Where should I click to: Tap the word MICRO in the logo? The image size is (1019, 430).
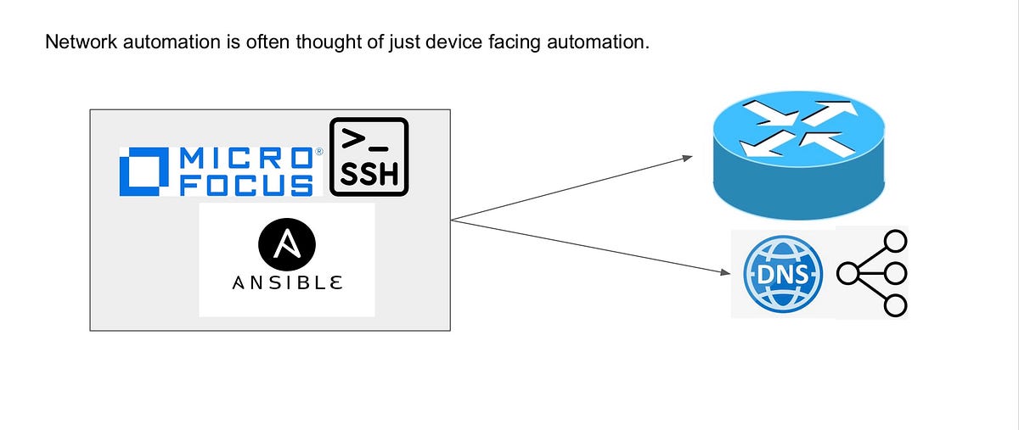(x=246, y=159)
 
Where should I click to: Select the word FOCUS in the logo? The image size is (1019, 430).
(x=246, y=185)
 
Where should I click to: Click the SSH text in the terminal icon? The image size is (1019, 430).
(x=369, y=174)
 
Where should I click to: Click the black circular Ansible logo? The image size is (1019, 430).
(x=287, y=245)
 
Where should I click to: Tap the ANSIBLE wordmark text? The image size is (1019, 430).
(x=287, y=282)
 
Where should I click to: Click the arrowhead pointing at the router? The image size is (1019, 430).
(x=687, y=158)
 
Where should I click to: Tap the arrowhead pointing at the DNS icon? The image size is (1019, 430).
(x=726, y=272)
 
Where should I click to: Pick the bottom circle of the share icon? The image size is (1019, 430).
(x=895, y=304)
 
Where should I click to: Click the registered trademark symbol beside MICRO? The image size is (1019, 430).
(x=318, y=153)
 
